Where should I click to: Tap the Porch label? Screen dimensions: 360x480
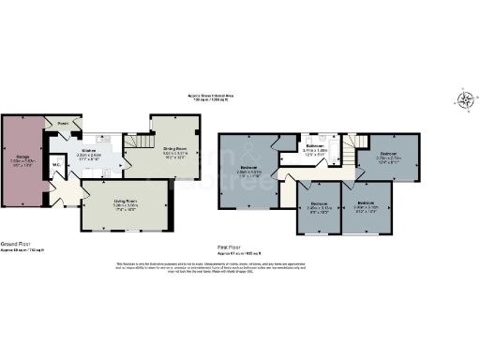pyautogui.click(x=63, y=124)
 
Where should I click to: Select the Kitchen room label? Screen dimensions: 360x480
pyautogui.click(x=91, y=152)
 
